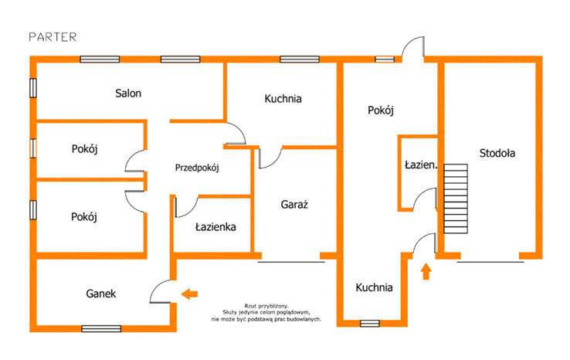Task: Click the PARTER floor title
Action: [53, 37]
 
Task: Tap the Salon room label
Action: [128, 93]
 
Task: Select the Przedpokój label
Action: [197, 168]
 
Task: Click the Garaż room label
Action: [294, 205]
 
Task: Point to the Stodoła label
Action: [497, 153]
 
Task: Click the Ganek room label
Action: [101, 294]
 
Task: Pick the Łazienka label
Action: [215, 227]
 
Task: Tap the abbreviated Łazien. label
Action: [421, 165]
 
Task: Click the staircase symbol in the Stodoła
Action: [456, 199]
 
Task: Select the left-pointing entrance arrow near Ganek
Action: [189, 294]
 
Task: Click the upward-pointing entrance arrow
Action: [426, 272]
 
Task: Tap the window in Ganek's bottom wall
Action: [101, 329]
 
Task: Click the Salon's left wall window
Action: [33, 88]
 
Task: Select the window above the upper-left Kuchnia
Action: [300, 59]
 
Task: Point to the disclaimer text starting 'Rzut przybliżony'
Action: [266, 313]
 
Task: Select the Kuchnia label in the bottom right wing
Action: [374, 287]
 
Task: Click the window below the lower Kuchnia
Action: [370, 323]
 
